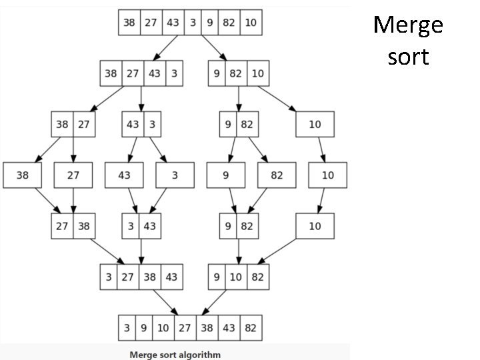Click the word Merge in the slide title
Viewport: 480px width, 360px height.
[408, 26]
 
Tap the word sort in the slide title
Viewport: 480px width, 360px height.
[408, 57]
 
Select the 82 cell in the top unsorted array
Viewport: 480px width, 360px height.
[229, 23]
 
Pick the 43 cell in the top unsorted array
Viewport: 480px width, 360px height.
[173, 23]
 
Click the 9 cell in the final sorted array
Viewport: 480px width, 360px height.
[144, 328]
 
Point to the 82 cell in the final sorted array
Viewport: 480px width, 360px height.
[251, 328]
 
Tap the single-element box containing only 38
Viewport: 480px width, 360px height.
[22, 175]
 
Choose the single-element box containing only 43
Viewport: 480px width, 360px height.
[124, 175]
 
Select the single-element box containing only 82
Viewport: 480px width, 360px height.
[277, 175]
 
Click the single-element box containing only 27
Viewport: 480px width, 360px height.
[73, 175]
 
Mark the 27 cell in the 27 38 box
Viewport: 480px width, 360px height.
[62, 226]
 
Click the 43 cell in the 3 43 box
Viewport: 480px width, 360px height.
[149, 226]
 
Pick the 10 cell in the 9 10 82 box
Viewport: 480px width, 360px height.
[236, 277]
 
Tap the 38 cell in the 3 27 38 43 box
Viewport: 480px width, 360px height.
[149, 277]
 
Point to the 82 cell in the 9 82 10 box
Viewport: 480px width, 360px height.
[235, 73]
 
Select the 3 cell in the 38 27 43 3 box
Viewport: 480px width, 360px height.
[174, 73]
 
